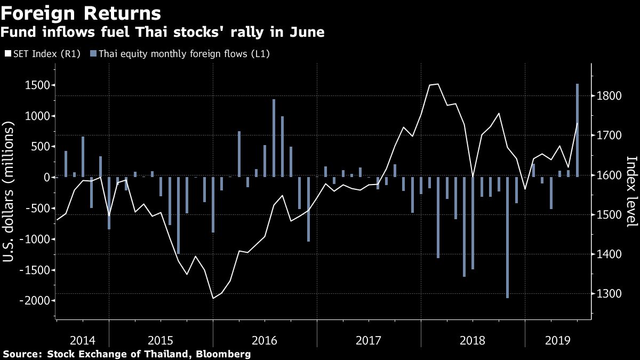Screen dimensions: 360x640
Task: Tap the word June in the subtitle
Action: pos(308,33)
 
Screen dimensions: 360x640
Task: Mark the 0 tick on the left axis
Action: pos(46,177)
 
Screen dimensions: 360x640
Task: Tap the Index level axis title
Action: pos(631,191)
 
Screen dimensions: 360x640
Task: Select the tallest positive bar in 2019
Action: pos(577,130)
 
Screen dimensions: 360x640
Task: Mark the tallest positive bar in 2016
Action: pos(274,138)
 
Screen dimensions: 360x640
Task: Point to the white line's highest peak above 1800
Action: pos(438,84)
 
